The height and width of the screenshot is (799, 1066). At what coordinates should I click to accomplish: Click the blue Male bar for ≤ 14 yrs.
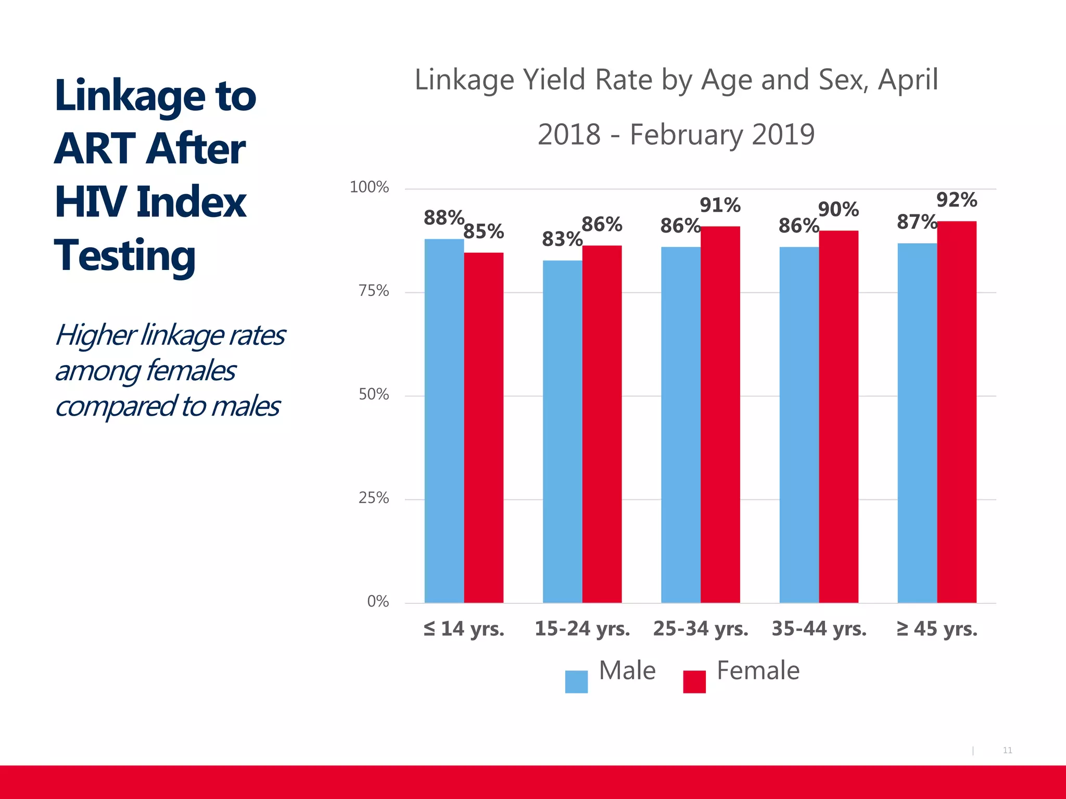(444, 421)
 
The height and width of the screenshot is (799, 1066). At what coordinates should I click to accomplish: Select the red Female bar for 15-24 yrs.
(602, 424)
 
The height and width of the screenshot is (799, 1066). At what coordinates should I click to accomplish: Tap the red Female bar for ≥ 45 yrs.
(957, 412)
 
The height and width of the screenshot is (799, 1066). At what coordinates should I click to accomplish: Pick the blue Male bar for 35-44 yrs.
(799, 424)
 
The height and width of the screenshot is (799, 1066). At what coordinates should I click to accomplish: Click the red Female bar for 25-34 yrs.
(720, 415)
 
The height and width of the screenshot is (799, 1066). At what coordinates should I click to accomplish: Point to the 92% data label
(957, 200)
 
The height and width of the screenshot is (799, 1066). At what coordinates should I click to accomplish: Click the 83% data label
(562, 239)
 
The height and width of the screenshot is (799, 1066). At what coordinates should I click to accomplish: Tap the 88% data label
(443, 218)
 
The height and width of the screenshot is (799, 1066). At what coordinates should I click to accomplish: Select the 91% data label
(720, 205)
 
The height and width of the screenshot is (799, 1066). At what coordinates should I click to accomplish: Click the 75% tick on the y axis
(374, 291)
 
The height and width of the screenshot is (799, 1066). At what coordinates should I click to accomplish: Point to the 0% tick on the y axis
(378, 602)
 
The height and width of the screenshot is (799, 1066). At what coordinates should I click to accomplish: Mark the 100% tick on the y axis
(369, 187)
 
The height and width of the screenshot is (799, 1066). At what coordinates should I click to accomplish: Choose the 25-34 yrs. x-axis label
(701, 629)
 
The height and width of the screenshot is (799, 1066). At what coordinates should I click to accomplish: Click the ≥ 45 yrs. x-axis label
(937, 629)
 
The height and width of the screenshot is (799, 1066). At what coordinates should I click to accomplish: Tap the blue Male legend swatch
(576, 681)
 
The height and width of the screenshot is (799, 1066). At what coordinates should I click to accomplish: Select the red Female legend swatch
(694, 681)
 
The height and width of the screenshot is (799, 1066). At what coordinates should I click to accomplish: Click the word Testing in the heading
(125, 256)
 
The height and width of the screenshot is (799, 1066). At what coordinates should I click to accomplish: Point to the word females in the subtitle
(191, 371)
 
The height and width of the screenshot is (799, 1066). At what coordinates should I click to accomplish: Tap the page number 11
(1007, 750)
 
